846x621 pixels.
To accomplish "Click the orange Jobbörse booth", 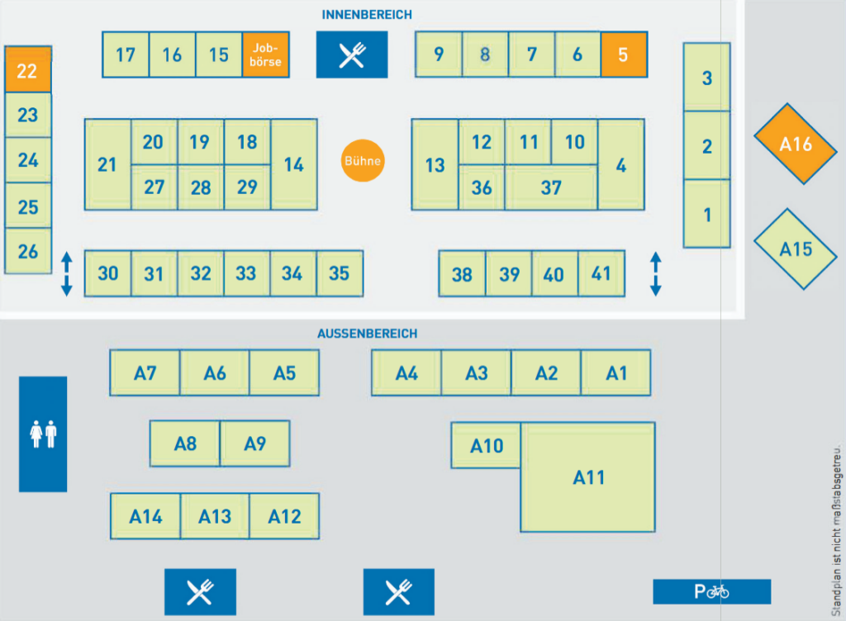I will point(266,55).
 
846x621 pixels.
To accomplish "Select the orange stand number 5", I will point(624,55).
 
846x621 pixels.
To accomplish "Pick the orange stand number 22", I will point(28,70).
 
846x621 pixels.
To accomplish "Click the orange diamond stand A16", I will point(796,144).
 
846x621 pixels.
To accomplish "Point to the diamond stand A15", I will point(796,249).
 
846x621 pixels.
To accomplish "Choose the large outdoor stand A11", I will point(588,477).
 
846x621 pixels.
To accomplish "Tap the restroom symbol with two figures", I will point(43,434).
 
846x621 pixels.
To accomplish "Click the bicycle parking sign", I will point(711,591).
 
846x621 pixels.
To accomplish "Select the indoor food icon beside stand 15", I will point(351,55).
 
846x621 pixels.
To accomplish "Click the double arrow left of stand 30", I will point(67,274).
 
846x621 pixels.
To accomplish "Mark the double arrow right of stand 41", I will point(656,274).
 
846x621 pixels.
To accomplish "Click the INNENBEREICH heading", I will point(367,15).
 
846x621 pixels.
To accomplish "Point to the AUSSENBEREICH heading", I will point(367,334).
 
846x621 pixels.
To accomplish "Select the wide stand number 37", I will point(551,187).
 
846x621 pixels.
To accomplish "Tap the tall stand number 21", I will point(107,164).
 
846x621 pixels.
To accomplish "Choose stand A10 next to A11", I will point(487,446).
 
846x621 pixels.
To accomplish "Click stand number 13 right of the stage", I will point(435,164).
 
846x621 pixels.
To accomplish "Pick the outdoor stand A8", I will point(185,443).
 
